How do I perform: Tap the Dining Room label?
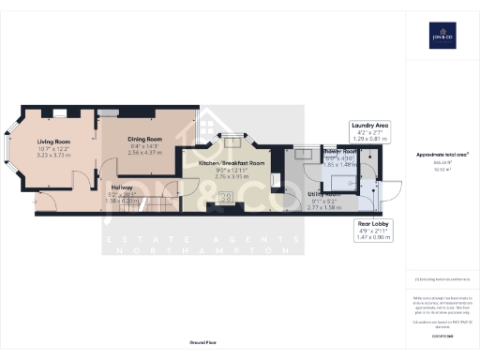(x=145, y=139)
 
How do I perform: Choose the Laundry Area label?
(x=368, y=125)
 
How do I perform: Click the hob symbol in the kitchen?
(x=225, y=197)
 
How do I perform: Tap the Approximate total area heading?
(x=442, y=154)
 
